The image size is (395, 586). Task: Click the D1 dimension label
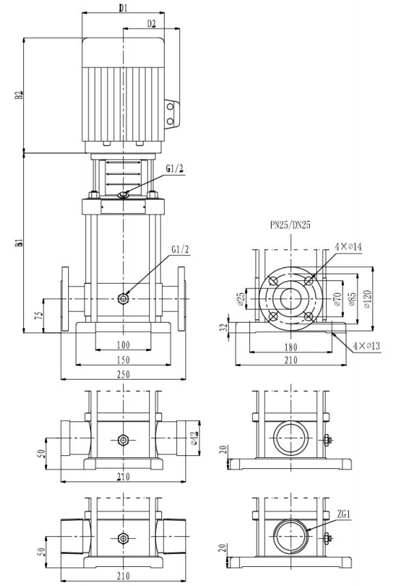click(123, 8)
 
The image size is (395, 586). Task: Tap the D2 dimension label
click(151, 24)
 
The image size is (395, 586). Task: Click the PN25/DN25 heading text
click(290, 225)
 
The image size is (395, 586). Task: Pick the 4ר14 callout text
click(348, 246)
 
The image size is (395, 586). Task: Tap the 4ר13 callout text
click(366, 346)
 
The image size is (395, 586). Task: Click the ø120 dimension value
click(367, 299)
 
